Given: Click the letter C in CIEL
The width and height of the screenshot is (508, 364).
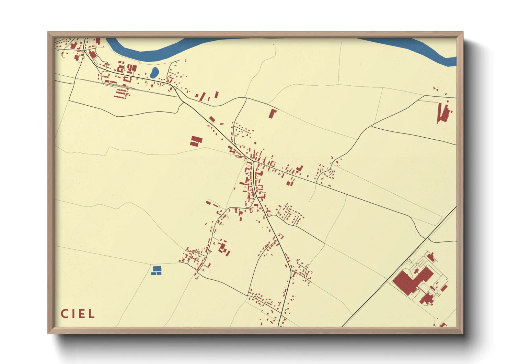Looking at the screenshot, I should tap(64, 314).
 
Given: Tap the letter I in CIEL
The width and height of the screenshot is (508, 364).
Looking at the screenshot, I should tap(72, 314).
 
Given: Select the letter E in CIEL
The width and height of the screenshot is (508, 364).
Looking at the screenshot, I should tap(81, 314).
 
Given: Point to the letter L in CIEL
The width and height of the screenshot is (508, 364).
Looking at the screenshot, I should tap(91, 314).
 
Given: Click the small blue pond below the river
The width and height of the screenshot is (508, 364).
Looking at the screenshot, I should tap(154, 72).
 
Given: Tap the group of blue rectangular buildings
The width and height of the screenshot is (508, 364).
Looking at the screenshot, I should tap(157, 270).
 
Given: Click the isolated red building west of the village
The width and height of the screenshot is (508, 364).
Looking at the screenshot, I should tap(196, 141).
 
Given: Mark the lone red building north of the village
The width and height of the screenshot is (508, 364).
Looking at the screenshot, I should tap(273, 113).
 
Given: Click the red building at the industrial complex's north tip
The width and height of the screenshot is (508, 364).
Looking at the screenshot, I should tap(431, 256).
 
